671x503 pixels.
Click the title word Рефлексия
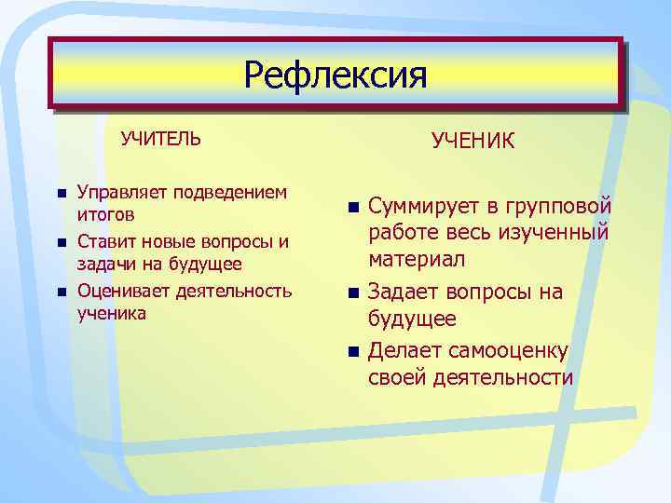click(x=335, y=75)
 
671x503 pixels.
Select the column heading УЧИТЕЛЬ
click(x=160, y=139)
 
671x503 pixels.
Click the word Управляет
click(x=116, y=193)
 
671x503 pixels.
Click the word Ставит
click(x=102, y=241)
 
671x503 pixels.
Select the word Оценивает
click(x=119, y=290)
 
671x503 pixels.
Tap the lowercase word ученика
click(x=111, y=313)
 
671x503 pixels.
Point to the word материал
click(x=417, y=258)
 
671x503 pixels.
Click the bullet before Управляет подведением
click(x=61, y=194)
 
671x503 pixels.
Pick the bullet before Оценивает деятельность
click(x=61, y=291)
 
